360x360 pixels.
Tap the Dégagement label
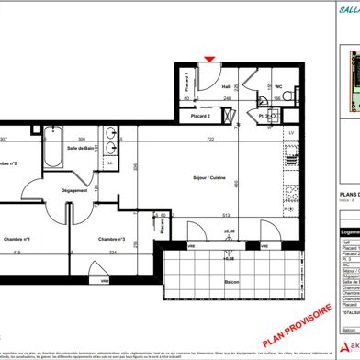pyautogui.click(x=75, y=191)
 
